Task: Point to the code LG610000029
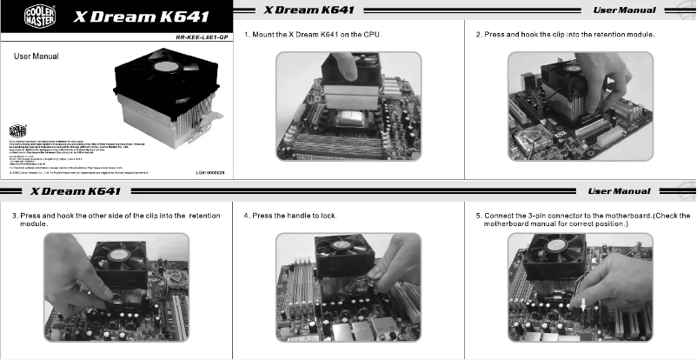[209, 173]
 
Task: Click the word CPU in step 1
[374, 35]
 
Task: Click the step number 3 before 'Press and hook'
[14, 215]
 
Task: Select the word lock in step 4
[329, 215]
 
